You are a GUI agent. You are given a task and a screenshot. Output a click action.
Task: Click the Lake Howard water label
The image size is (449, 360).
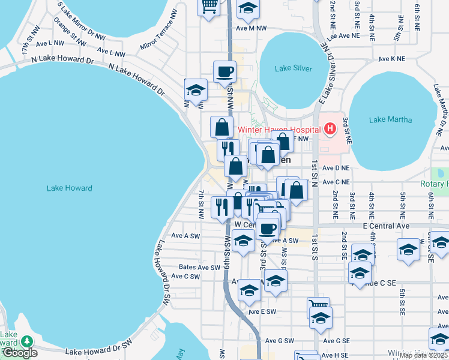point(70,188)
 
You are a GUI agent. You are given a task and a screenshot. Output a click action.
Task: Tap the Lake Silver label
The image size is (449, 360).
point(294,68)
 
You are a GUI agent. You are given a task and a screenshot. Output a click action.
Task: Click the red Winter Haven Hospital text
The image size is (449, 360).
point(279,129)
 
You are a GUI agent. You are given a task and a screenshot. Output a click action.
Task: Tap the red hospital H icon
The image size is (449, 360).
point(329,128)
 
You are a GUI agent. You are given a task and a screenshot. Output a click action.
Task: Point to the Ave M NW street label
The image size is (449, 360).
point(251,28)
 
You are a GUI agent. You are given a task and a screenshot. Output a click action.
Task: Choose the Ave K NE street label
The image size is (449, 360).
point(391,59)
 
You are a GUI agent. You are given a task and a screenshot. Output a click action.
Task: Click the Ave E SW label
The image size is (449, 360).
point(262,312)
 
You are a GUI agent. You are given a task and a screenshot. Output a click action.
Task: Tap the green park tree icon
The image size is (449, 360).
point(26,341)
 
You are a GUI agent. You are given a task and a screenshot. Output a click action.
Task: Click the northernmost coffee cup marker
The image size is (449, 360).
point(224,71)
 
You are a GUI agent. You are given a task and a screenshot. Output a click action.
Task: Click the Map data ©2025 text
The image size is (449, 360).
point(423,355)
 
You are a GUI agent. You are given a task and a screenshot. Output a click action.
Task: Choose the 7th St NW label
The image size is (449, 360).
point(201,204)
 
